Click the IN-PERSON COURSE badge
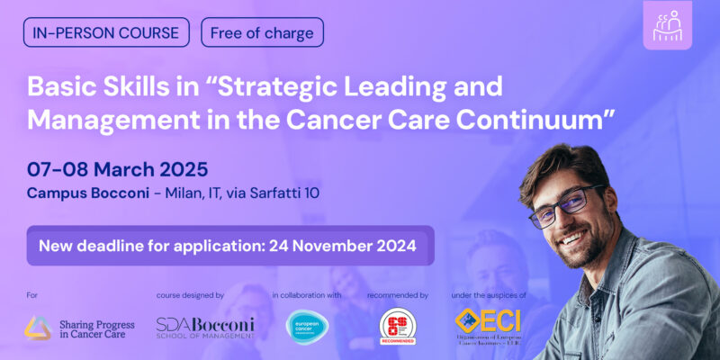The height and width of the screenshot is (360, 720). [x=107, y=33]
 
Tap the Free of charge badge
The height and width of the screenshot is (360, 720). [x=262, y=33]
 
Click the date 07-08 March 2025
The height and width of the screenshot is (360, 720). [x=118, y=168]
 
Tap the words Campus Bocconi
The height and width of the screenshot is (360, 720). [x=84, y=193]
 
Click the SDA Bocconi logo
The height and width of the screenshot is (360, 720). [x=204, y=328]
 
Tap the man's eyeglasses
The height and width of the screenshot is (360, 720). [x=565, y=205]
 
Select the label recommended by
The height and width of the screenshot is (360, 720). [x=398, y=294]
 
